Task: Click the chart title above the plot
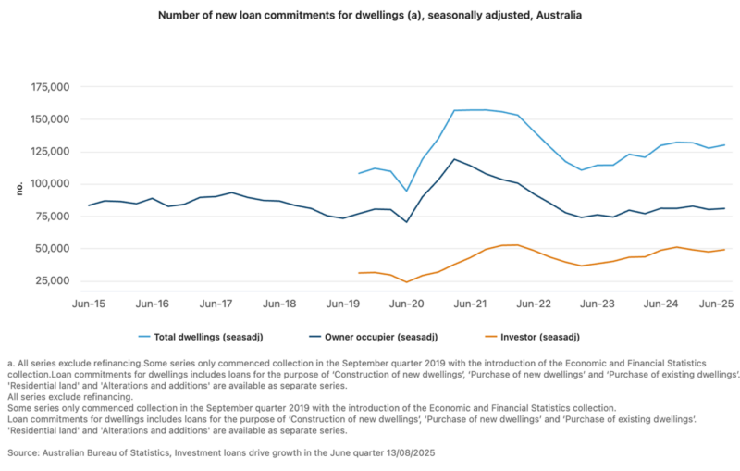point(370,16)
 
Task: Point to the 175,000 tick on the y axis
point(51,87)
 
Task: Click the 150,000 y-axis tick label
point(51,119)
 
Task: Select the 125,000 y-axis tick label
point(51,152)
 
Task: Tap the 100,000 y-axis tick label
point(51,184)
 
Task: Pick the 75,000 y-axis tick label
point(54,217)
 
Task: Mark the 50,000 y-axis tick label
point(54,249)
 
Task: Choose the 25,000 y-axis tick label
point(54,280)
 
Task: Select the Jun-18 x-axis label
point(279,304)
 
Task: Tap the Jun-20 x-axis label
point(406,304)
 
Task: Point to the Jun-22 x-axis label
point(534,304)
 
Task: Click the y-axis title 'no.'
point(18,188)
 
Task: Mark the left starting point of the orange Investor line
point(359,273)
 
